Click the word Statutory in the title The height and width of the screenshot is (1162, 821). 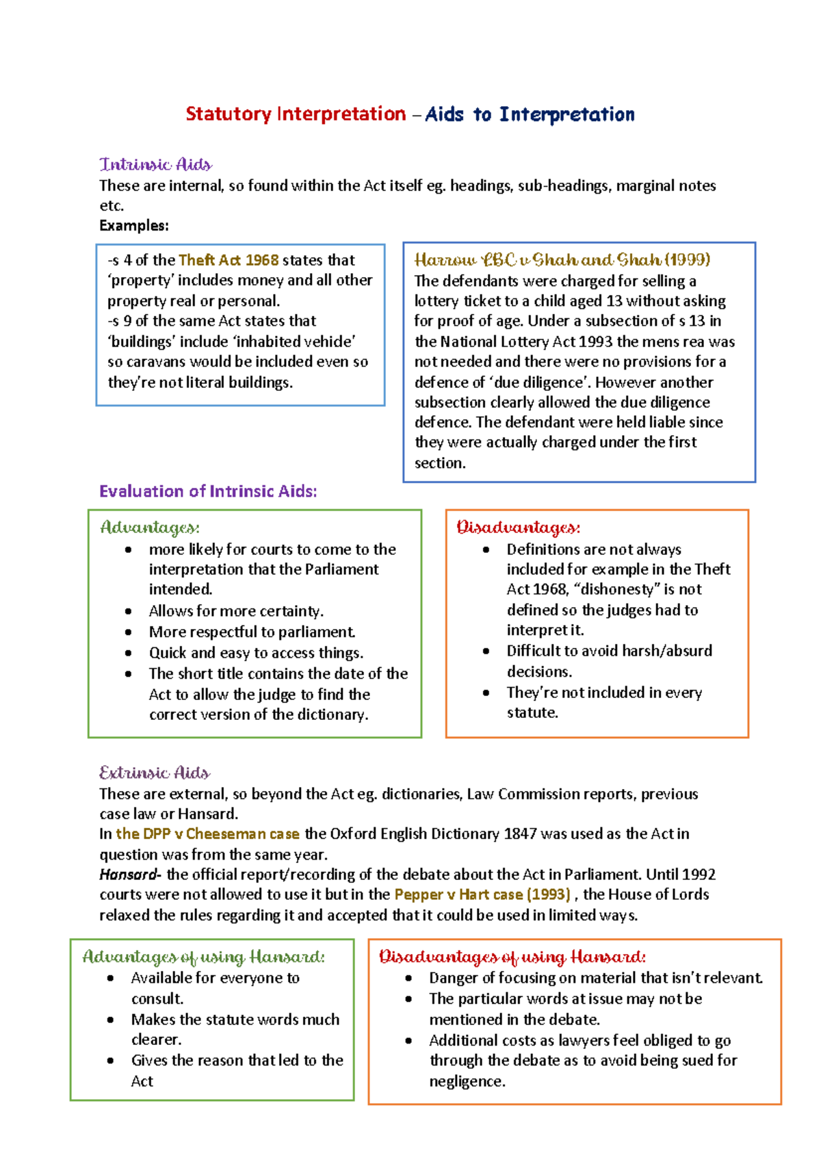(228, 114)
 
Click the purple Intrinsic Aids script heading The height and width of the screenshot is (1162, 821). (155, 164)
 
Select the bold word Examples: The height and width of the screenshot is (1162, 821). (134, 226)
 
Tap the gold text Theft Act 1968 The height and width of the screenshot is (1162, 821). (229, 260)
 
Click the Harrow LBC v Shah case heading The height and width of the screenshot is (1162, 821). (562, 260)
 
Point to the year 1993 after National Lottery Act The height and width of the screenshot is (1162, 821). (596, 341)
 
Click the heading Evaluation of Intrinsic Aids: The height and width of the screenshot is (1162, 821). (208, 491)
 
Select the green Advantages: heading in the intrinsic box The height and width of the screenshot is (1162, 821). (150, 528)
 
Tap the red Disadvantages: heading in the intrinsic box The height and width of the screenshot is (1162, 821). (518, 528)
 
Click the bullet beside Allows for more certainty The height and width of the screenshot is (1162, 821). (129, 611)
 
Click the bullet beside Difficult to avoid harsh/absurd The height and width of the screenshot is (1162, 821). (486, 651)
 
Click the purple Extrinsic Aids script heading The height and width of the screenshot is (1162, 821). (155, 773)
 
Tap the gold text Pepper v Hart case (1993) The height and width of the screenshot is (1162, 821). (482, 894)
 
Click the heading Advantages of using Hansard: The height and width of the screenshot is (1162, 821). (203, 957)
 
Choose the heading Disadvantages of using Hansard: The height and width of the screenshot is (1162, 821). (512, 957)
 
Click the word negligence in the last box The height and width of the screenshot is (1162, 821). (466, 1081)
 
